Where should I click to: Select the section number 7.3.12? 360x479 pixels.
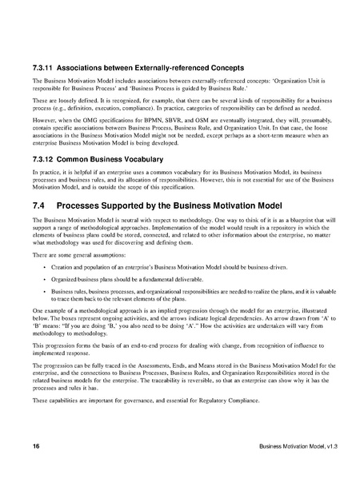coord(46,159)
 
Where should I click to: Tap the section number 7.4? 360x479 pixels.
coord(40,205)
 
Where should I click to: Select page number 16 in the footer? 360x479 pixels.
coord(36,444)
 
